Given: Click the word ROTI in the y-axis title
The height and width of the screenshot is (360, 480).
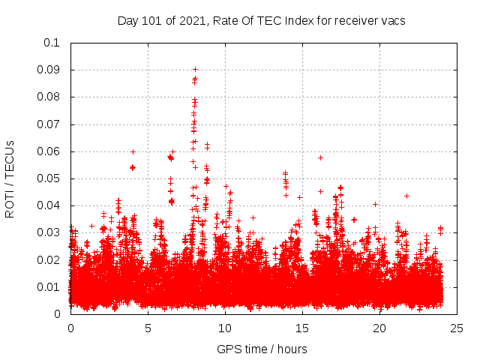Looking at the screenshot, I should (10, 203).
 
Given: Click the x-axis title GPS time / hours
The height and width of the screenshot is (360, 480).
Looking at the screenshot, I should (262, 349).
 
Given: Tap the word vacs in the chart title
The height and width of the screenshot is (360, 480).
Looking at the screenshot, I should (391, 21).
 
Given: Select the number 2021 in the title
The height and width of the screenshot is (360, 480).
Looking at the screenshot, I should (193, 21).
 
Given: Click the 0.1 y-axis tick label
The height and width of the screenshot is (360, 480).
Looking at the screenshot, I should (53, 43).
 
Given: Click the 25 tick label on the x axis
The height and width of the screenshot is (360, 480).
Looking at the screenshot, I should (457, 328).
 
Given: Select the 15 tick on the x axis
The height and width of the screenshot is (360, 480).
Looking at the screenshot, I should (302, 328).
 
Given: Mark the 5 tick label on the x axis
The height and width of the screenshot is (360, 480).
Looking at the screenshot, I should (148, 328).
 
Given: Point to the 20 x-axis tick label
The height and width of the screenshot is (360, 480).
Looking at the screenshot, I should (379, 328).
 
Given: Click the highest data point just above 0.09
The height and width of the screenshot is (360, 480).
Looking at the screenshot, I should (196, 69).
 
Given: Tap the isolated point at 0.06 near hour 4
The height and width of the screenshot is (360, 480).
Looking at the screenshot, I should (133, 151).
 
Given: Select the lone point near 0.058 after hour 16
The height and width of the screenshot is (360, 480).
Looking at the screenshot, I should (320, 157).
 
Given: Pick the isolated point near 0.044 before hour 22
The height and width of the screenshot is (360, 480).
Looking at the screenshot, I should (406, 196).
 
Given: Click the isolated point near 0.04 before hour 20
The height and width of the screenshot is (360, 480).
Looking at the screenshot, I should (375, 204).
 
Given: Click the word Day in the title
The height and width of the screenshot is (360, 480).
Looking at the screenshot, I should (127, 21).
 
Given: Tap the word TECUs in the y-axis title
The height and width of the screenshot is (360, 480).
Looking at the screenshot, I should (10, 159).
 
